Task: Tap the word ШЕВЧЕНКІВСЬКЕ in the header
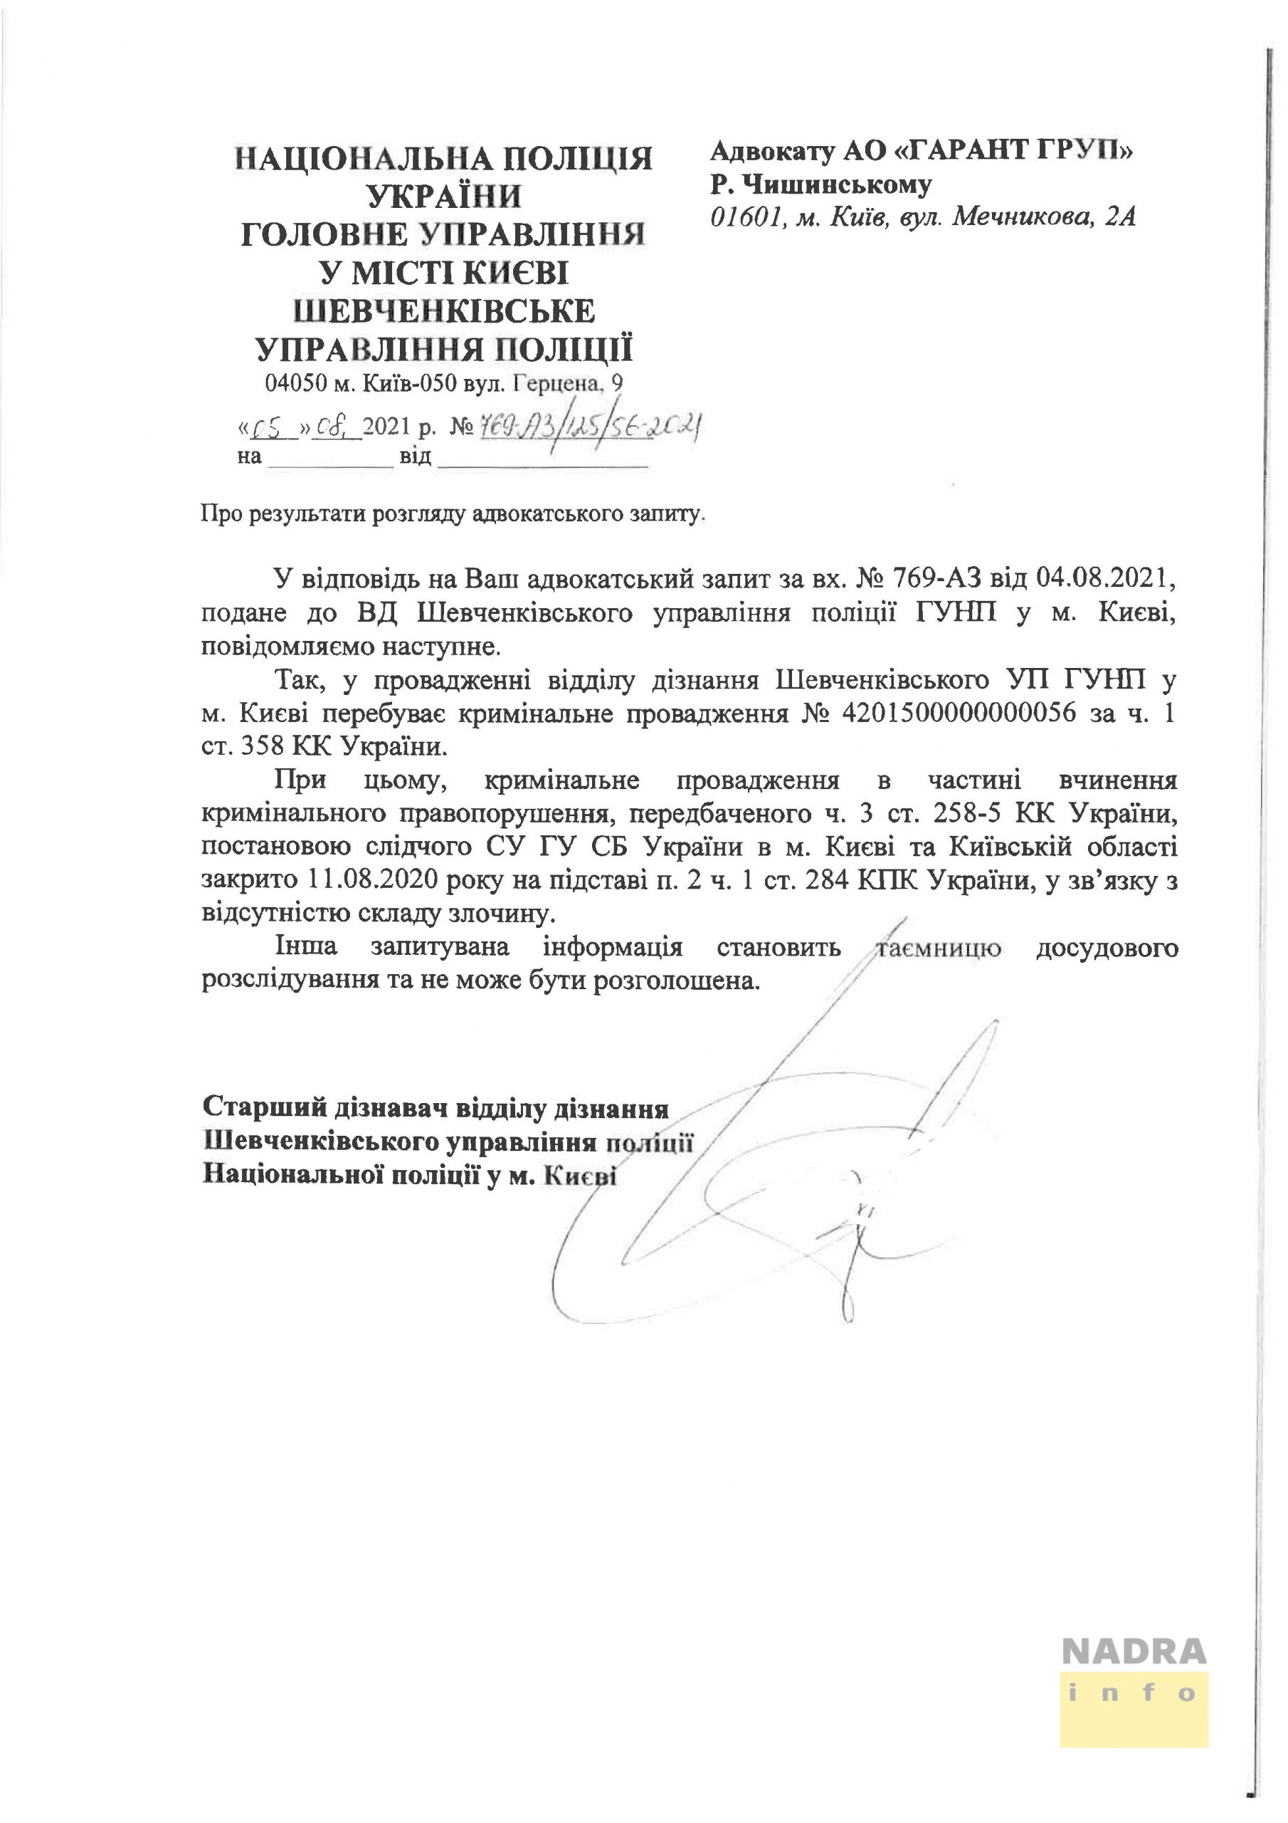pyautogui.click(x=445, y=311)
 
